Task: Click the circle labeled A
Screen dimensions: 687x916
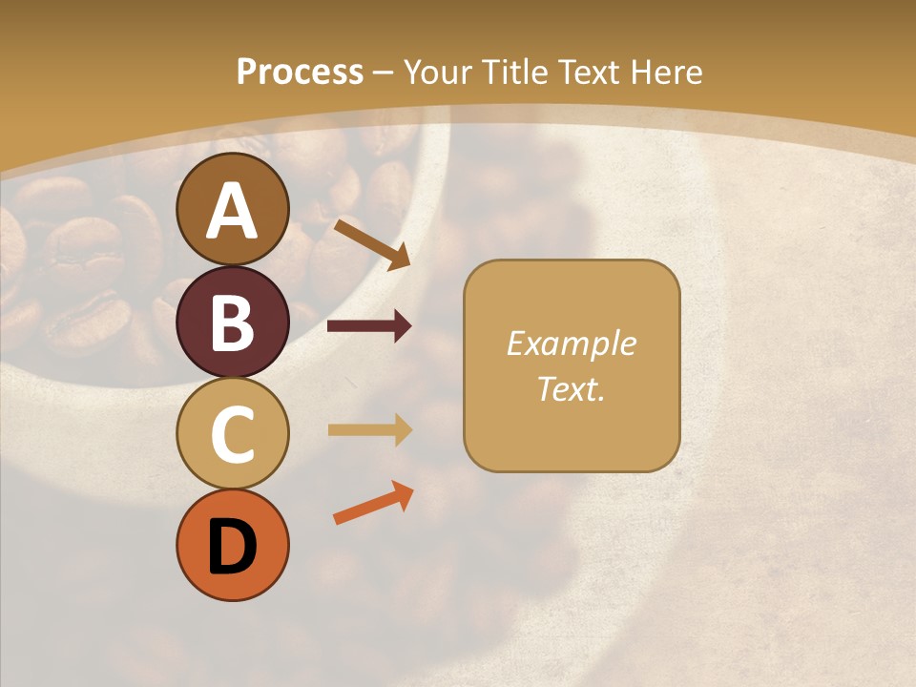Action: pyautogui.click(x=233, y=209)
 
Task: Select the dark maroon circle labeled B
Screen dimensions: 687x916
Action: pyautogui.click(x=233, y=322)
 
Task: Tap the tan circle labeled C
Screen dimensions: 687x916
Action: pyautogui.click(x=233, y=434)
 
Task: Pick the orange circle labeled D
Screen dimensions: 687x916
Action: pyautogui.click(x=233, y=545)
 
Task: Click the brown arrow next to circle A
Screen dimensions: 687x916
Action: pyautogui.click(x=371, y=242)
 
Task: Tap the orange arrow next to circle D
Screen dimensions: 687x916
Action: pyautogui.click(x=373, y=503)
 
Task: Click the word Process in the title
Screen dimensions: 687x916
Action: pyautogui.click(x=300, y=72)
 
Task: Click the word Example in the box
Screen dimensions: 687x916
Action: pyautogui.click(x=571, y=343)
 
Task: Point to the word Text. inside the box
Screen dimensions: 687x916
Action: pyautogui.click(x=571, y=388)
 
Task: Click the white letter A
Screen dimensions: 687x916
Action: pyautogui.click(x=233, y=211)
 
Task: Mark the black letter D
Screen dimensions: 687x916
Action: pyautogui.click(x=233, y=547)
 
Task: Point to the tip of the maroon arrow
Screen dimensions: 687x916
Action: pyautogui.click(x=410, y=326)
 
